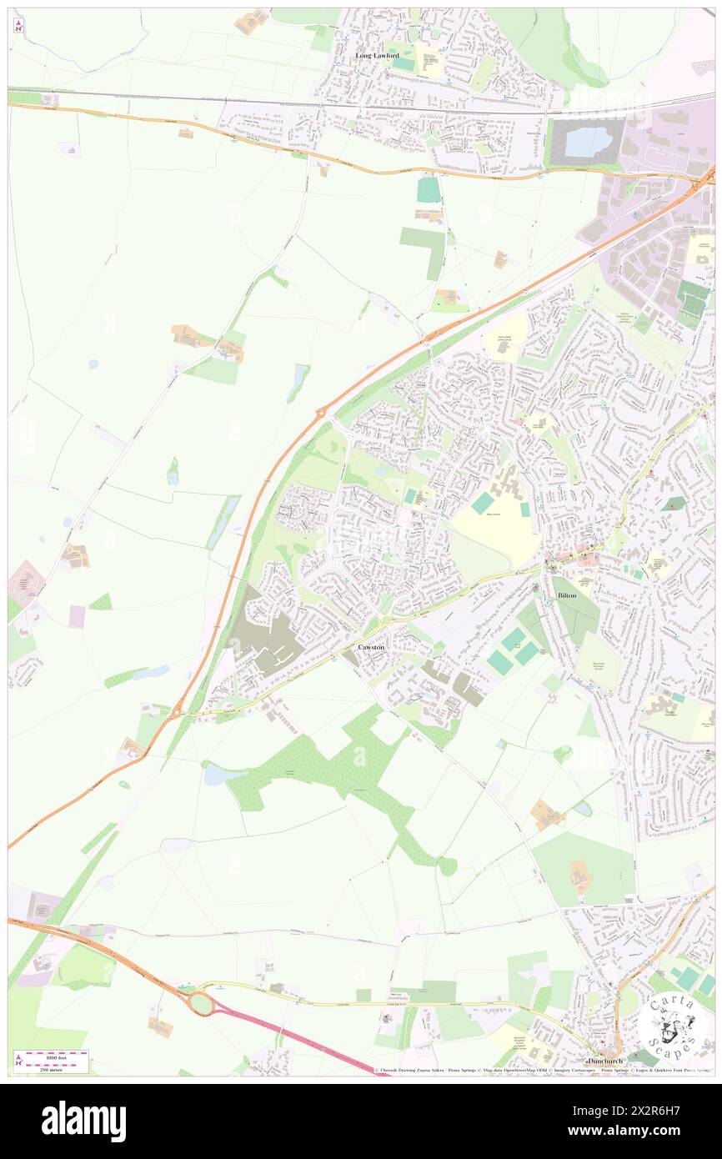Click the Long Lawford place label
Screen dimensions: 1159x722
(377, 55)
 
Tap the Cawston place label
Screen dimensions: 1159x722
(372, 647)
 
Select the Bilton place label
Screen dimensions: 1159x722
(568, 595)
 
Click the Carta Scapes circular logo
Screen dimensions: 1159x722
(672, 1023)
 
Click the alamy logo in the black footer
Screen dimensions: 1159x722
(83, 1121)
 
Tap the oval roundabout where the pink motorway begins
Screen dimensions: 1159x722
(201, 1003)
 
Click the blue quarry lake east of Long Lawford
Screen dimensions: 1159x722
(589, 142)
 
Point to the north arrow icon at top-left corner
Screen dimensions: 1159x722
(18, 25)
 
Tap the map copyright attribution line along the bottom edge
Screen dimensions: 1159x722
(542, 1071)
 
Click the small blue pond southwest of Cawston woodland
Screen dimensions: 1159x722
(215, 775)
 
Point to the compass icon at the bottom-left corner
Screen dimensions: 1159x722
(18, 1060)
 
